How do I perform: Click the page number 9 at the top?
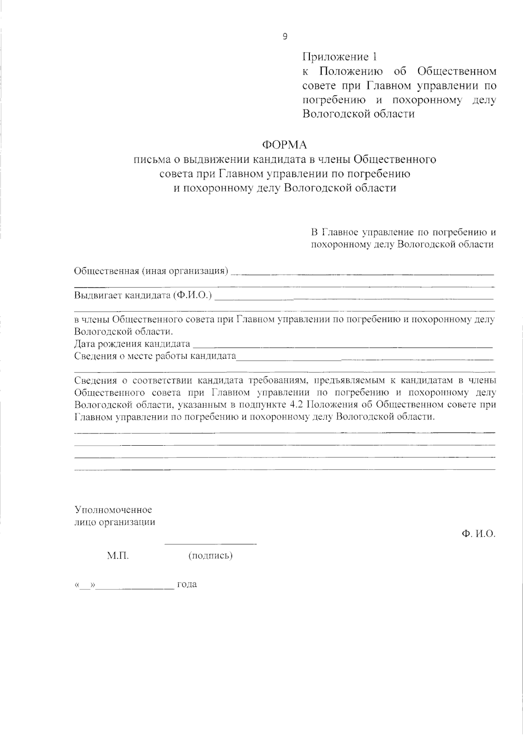coord(285,37)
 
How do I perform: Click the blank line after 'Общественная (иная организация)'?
coord(362,274)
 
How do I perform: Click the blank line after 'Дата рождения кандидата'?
coord(342,346)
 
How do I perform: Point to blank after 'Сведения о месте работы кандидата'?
coord(364,359)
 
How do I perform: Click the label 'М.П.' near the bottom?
coord(118,556)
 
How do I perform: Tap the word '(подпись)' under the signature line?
coord(210,556)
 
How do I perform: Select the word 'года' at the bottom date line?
coord(187,584)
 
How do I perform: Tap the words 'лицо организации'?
coord(115,522)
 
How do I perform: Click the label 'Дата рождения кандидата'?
coord(132,344)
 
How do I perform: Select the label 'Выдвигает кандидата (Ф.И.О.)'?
coord(143,296)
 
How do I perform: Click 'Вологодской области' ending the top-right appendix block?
coord(358,114)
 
